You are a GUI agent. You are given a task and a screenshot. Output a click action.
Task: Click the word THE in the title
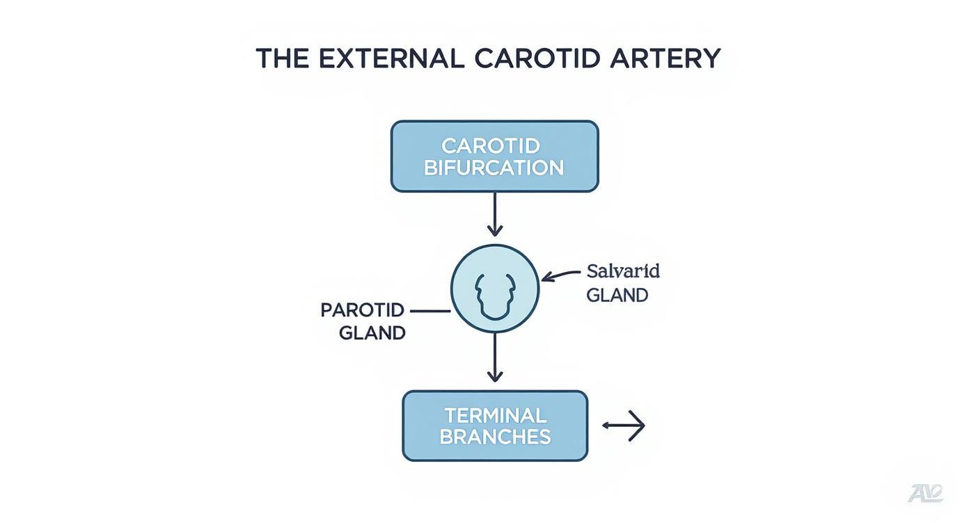[282, 58]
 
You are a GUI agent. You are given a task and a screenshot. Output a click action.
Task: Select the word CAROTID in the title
[537, 58]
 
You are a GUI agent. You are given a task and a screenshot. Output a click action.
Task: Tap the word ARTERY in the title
[665, 58]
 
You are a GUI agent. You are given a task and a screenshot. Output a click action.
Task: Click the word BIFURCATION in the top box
[494, 168]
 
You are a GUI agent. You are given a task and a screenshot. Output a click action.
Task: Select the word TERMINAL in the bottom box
[495, 415]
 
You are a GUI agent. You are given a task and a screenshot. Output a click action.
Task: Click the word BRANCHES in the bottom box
[495, 437]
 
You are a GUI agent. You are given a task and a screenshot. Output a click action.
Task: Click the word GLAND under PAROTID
[372, 333]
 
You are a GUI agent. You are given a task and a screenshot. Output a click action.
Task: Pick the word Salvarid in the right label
[623, 271]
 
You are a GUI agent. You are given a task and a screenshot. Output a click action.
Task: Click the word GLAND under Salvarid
[617, 296]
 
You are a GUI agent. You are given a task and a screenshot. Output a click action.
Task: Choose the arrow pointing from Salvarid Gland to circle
[560, 276]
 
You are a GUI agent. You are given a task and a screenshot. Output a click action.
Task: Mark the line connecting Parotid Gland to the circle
[430, 311]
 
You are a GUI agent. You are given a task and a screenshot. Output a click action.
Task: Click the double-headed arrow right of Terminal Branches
[624, 426]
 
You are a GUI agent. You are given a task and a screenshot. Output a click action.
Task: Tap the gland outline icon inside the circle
[494, 295]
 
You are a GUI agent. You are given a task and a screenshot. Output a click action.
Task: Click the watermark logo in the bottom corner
[926, 493]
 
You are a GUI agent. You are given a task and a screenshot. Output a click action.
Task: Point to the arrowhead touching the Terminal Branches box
[494, 377]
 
